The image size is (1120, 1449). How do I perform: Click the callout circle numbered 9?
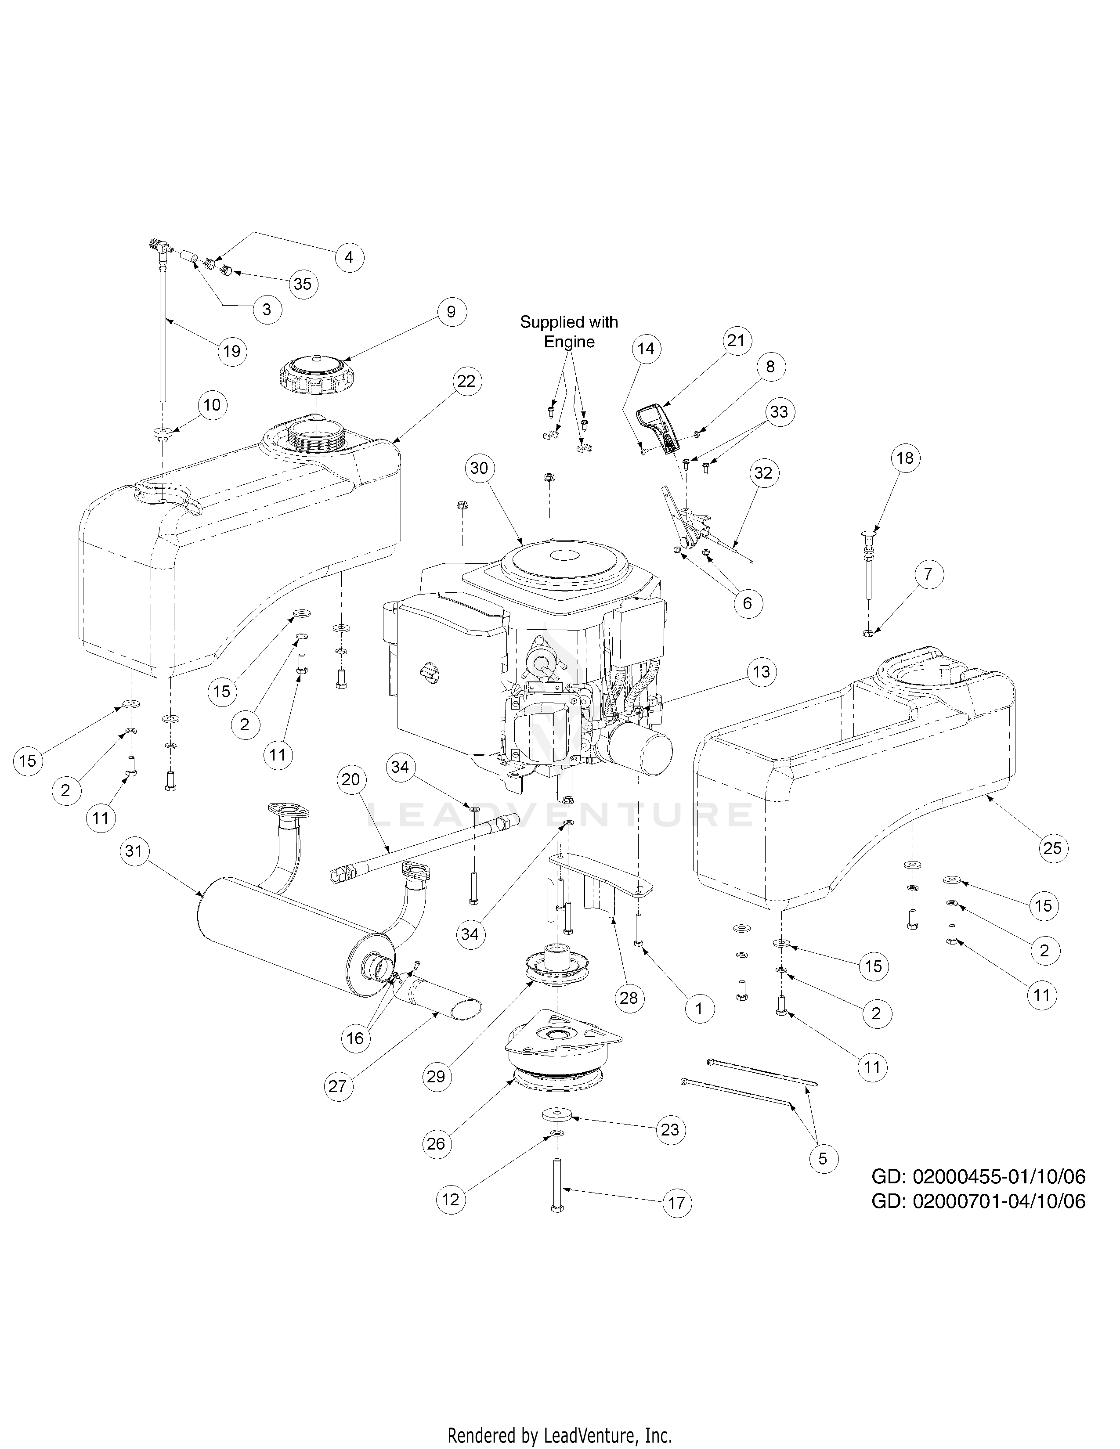(x=451, y=312)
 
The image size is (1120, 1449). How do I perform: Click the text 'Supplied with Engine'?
(x=569, y=332)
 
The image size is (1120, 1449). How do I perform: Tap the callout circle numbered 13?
(x=761, y=672)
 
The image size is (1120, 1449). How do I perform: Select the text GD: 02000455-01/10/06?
(x=978, y=1176)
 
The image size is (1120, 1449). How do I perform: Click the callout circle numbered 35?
(x=303, y=284)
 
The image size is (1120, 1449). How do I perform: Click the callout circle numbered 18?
(x=905, y=458)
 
